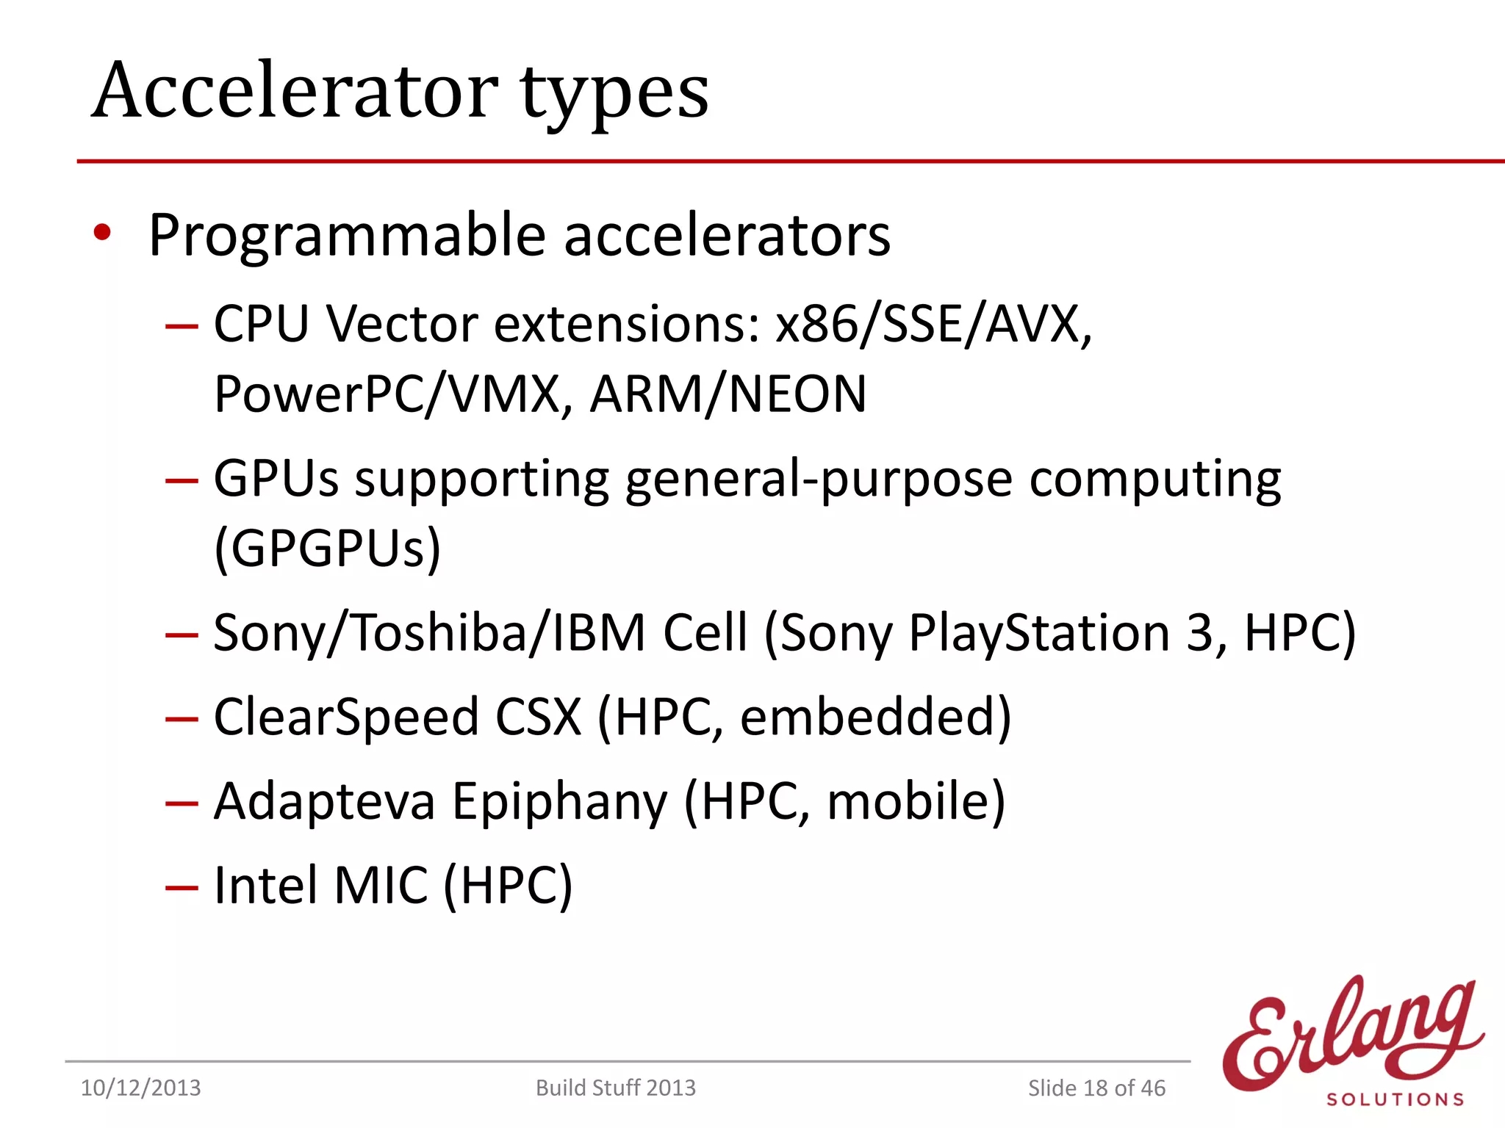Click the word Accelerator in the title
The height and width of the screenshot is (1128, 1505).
pos(295,92)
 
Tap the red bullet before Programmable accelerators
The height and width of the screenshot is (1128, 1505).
pos(102,234)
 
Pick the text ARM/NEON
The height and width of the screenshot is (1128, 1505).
pos(728,394)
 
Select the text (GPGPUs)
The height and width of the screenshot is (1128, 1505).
pos(328,549)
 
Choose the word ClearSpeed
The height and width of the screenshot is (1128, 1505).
pos(346,717)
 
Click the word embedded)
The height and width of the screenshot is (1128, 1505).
pos(875,717)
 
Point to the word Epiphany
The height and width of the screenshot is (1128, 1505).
pos(559,801)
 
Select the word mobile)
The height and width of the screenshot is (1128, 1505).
pos(916,801)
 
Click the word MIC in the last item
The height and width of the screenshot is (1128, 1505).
pos(381,886)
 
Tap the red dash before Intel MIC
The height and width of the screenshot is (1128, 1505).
pos(182,888)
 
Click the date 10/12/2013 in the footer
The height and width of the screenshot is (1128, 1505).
pos(140,1088)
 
